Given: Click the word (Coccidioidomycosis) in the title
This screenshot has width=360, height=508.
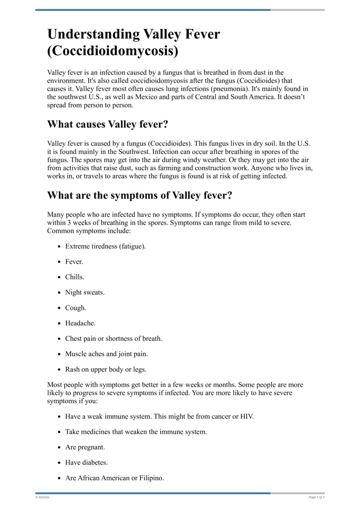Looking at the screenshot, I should click(x=112, y=51).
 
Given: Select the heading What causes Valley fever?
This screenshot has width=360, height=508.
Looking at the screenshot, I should click(x=108, y=124).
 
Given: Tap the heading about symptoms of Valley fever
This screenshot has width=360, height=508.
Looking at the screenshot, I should click(x=139, y=196).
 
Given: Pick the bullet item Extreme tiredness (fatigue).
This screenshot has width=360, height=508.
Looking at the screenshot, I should click(x=105, y=246).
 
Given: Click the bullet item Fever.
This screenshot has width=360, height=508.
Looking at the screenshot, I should click(x=74, y=262).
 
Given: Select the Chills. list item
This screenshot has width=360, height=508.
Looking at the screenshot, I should click(x=75, y=277).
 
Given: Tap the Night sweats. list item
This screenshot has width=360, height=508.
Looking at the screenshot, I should click(x=85, y=292).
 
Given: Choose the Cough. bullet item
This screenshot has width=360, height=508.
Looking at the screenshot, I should click(x=76, y=307).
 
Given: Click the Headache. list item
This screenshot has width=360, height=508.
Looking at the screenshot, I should click(x=81, y=323).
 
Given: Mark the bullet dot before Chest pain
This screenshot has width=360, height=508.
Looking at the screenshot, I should click(x=60, y=339).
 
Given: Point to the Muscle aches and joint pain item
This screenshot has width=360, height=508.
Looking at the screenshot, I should click(x=107, y=354).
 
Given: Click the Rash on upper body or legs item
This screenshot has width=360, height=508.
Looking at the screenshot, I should click(x=106, y=369).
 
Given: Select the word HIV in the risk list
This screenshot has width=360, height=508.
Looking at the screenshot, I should click(x=246, y=416).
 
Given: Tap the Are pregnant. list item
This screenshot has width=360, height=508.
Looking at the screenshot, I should click(x=85, y=447).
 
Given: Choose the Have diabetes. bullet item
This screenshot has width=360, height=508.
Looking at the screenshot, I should click(x=86, y=463).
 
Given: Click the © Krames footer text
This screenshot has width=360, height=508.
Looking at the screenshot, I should click(x=42, y=497).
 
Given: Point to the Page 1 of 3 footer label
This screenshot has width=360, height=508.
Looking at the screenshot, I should click(x=316, y=497).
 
